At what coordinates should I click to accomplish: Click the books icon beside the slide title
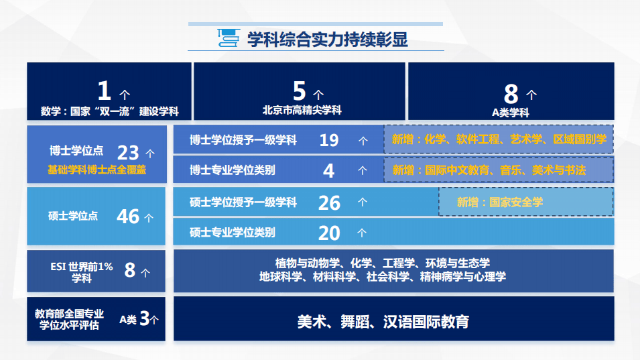pos(228,38)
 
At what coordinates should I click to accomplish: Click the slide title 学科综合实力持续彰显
pos(327,40)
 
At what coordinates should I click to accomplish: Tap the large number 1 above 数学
pos(104,91)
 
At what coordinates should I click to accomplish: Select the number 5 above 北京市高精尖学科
pos(299,91)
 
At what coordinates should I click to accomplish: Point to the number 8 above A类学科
pos(511,94)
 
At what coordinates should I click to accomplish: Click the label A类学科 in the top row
pos(510,113)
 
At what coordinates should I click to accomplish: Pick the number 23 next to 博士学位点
pos(128,153)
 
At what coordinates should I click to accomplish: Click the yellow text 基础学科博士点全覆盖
pos(97,170)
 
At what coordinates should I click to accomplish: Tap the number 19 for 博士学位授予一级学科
pos(329,140)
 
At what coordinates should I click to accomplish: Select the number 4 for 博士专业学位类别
pos(328,170)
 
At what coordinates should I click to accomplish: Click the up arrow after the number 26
pos(363,202)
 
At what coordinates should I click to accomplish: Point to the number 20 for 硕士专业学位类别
pos(329,233)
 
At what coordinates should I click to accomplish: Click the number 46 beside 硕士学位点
pos(128,217)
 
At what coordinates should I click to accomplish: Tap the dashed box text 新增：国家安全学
pos(500,202)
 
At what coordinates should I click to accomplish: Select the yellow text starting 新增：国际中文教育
pos(489,170)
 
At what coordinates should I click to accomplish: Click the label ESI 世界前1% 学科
pos(82,272)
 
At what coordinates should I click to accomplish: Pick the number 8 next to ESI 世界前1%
pos(130,270)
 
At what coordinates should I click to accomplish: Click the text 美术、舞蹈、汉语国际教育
pos(383,322)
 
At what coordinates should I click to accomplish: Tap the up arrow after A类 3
pos(154,320)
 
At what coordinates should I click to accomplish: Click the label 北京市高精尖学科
pos(302,110)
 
